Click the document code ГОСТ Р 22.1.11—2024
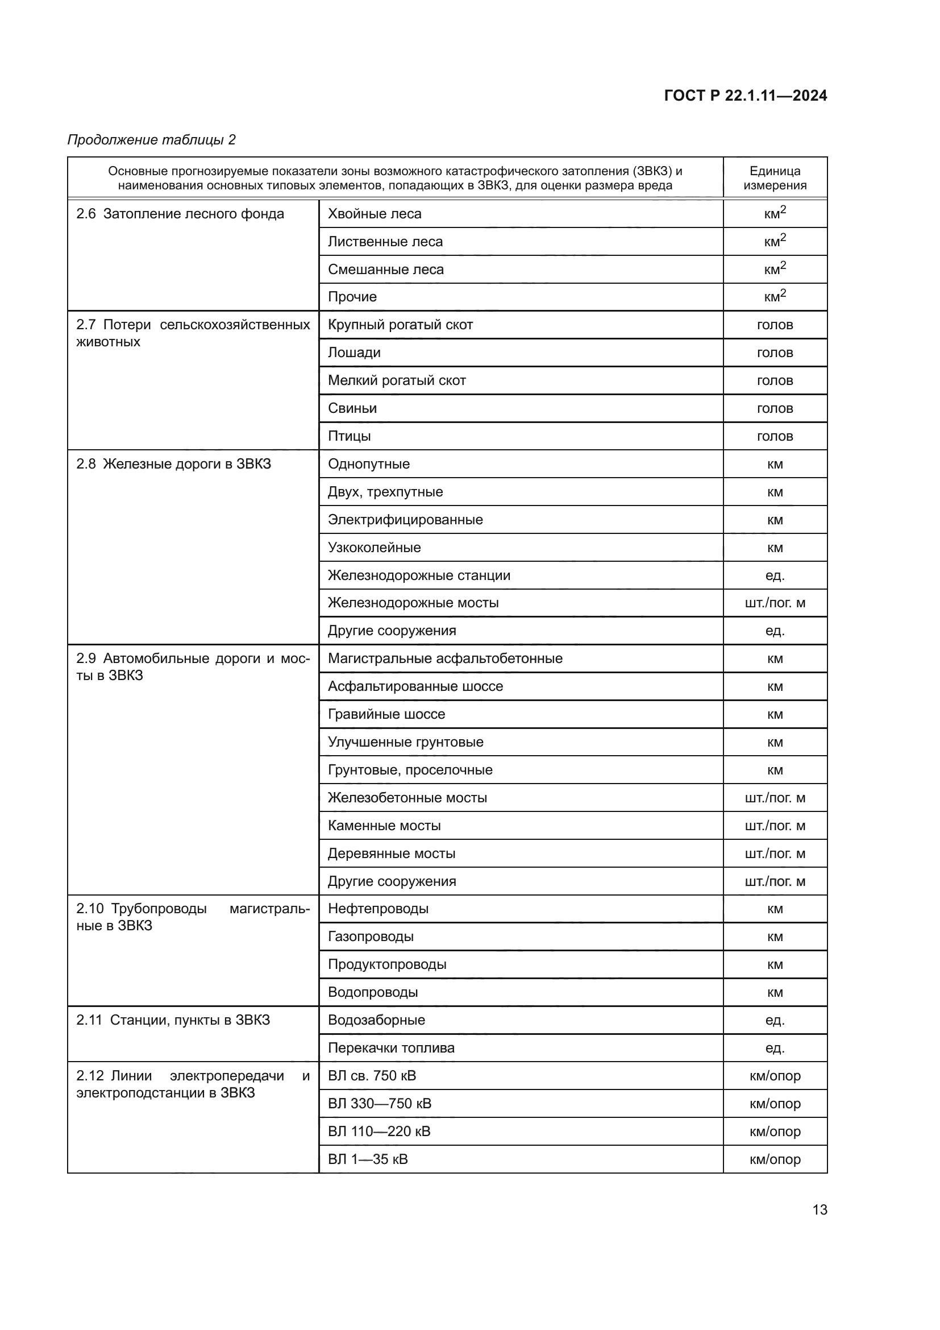coord(745,96)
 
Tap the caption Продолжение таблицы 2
coord(152,140)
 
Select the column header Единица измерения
coord(775,178)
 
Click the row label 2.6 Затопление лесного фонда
coord(180,214)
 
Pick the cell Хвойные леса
coord(375,214)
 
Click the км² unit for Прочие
coord(775,297)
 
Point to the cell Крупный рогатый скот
coord(400,324)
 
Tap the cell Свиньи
coord(352,408)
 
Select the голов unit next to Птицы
coord(775,436)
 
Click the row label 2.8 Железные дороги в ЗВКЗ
coord(174,463)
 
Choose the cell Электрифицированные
coord(405,519)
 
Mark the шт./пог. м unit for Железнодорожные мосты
coord(775,602)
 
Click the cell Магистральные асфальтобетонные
coord(444,658)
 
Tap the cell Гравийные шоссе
coord(386,714)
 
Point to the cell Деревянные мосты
coord(391,853)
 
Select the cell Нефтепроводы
coord(378,908)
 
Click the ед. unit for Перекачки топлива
coord(775,1047)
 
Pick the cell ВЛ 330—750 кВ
coord(379,1103)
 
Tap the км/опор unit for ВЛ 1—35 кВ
coord(775,1158)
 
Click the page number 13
coord(820,1209)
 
